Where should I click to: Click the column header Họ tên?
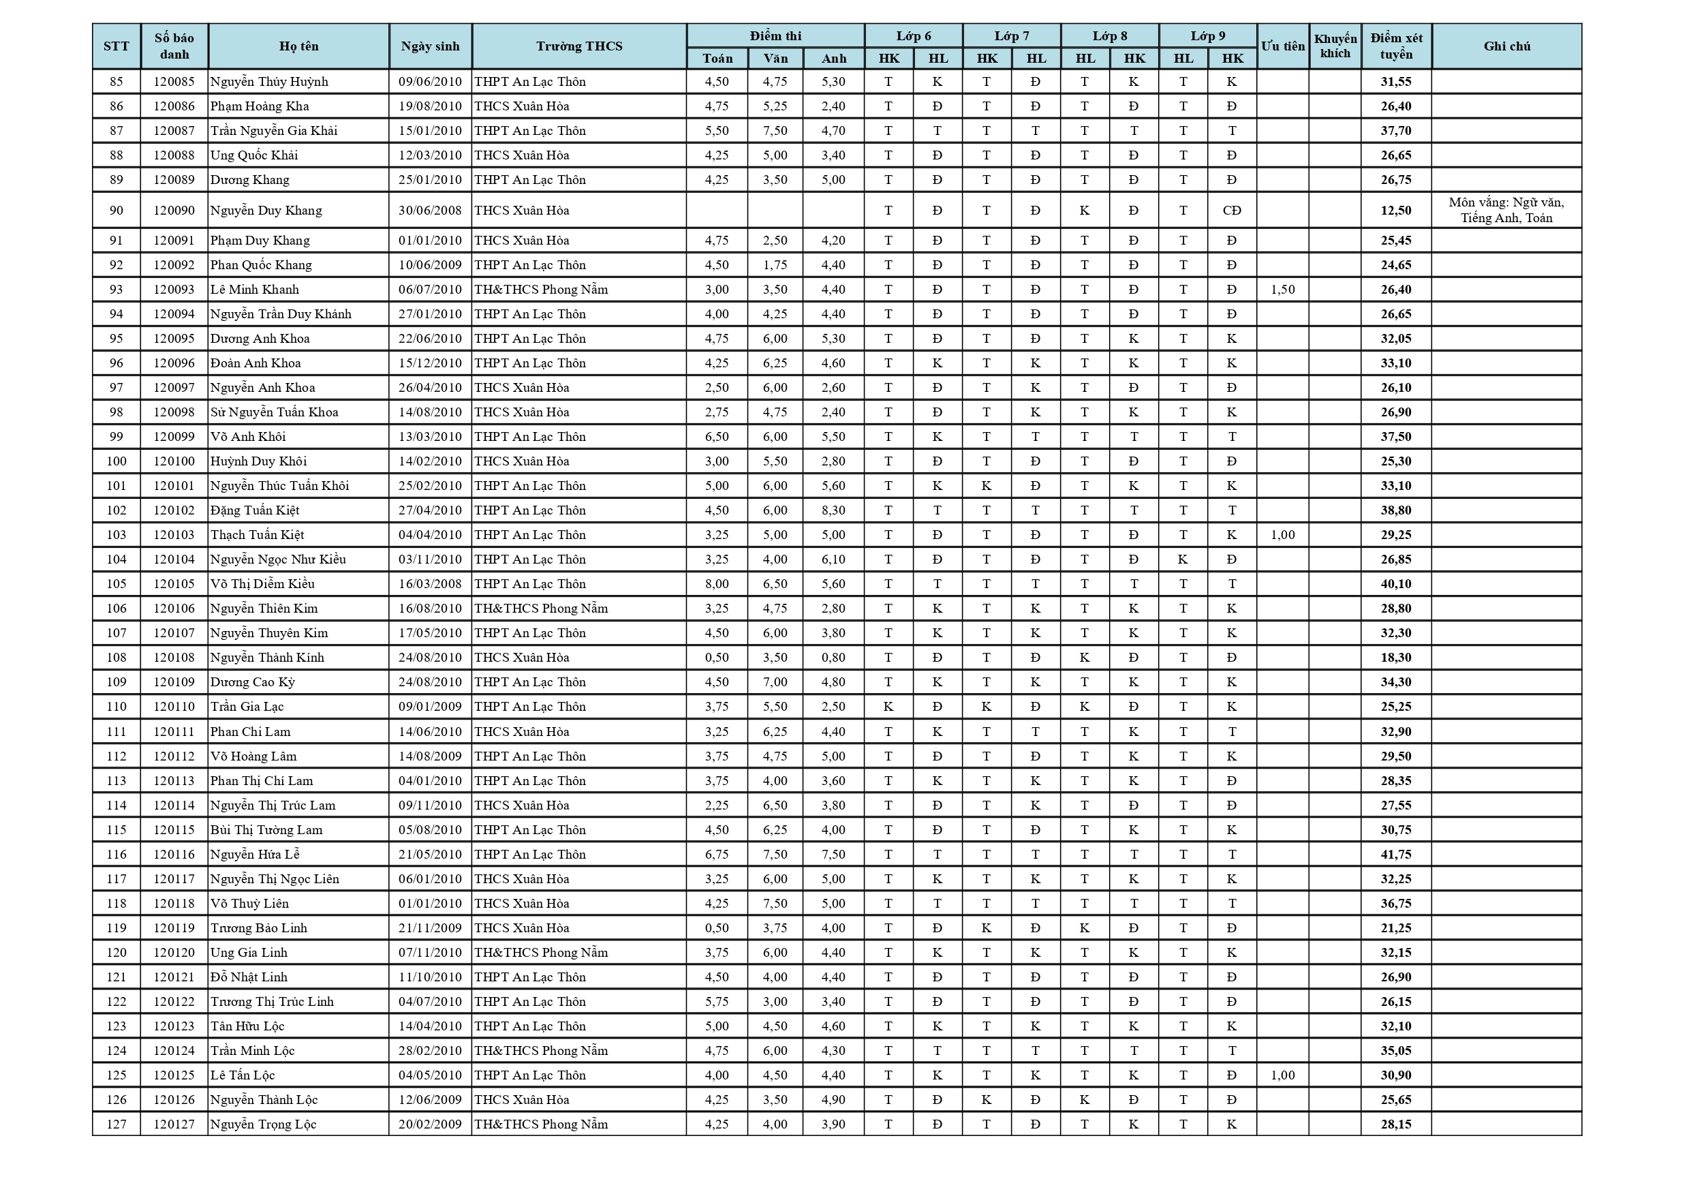coord(298,46)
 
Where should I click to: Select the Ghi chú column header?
coord(1506,46)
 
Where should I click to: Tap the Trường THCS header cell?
coord(579,46)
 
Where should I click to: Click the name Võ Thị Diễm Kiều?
coord(262,583)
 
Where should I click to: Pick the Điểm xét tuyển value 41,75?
coord(1396,854)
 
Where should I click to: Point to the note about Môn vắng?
coord(1506,210)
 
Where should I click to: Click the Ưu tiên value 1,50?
coord(1282,290)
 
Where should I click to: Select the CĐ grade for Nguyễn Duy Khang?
coord(1231,211)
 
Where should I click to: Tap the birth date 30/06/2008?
coord(430,211)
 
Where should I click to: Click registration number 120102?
coord(174,510)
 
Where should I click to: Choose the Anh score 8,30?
coord(833,510)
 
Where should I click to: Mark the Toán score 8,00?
coord(717,583)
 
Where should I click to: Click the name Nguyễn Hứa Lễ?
coord(255,854)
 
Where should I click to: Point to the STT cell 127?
coord(117,1124)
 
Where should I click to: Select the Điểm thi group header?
coord(775,36)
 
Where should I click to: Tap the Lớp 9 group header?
coord(1208,36)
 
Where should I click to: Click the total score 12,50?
coord(1396,211)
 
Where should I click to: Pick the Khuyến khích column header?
coord(1335,46)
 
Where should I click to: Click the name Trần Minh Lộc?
coord(253,1050)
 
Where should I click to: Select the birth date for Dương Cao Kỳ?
coord(430,681)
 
